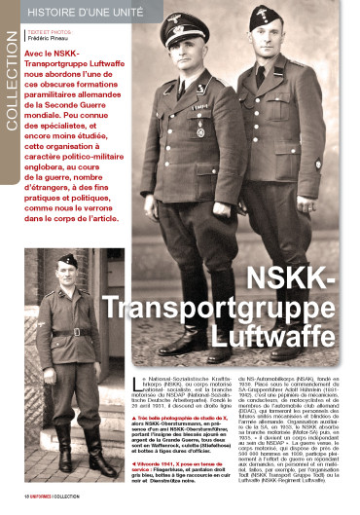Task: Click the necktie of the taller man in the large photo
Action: pyautogui.click(x=261, y=78)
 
